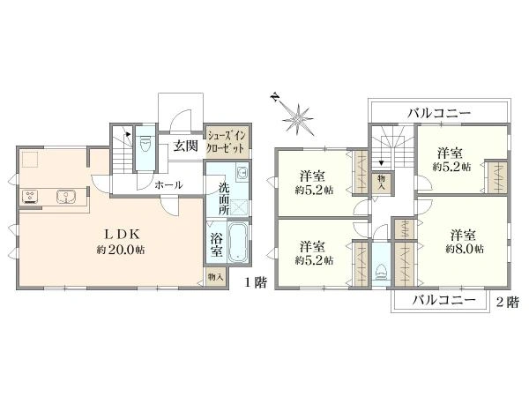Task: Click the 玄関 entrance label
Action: tap(185, 146)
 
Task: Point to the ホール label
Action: tap(168, 185)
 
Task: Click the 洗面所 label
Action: tap(226, 199)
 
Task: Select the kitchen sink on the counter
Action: tap(64, 196)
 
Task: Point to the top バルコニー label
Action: tap(439, 113)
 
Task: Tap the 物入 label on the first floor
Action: tap(215, 277)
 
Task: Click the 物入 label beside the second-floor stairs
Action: tap(381, 182)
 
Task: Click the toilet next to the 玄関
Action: tap(146, 146)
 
